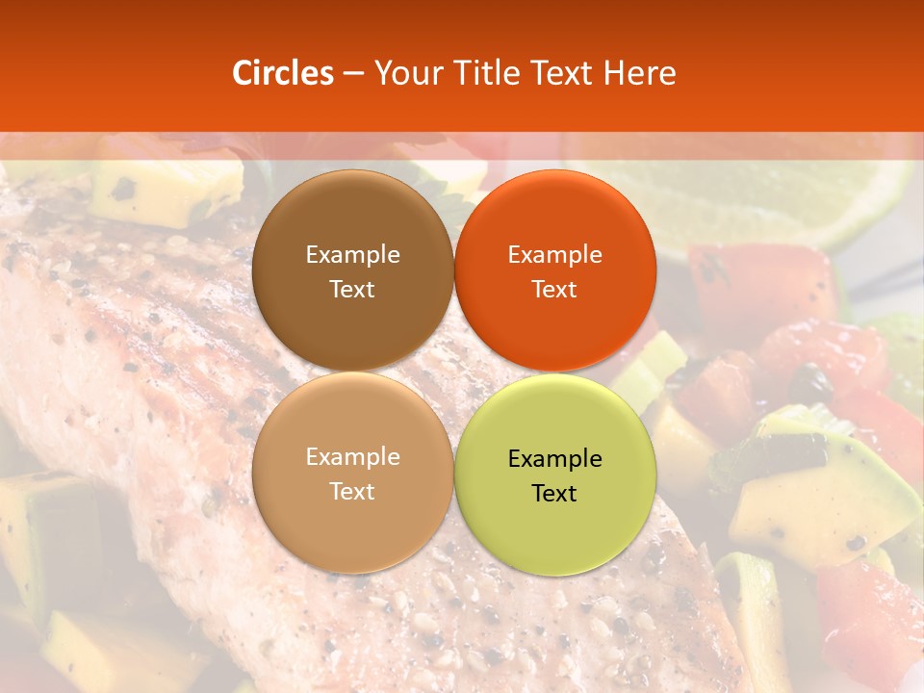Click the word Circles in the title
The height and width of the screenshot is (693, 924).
click(282, 73)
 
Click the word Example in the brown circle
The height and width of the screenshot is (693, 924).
click(352, 255)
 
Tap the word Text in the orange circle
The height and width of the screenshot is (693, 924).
click(554, 290)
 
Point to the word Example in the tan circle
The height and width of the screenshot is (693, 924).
click(352, 457)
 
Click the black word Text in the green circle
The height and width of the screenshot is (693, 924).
click(554, 494)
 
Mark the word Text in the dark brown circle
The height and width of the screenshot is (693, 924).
click(352, 290)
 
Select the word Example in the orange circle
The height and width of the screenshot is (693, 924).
click(554, 255)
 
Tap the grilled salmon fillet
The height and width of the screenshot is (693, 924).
click(144, 366)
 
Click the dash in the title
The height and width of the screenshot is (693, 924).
click(353, 74)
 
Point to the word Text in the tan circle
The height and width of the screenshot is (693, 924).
click(352, 492)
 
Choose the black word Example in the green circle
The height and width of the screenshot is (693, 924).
click(554, 459)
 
